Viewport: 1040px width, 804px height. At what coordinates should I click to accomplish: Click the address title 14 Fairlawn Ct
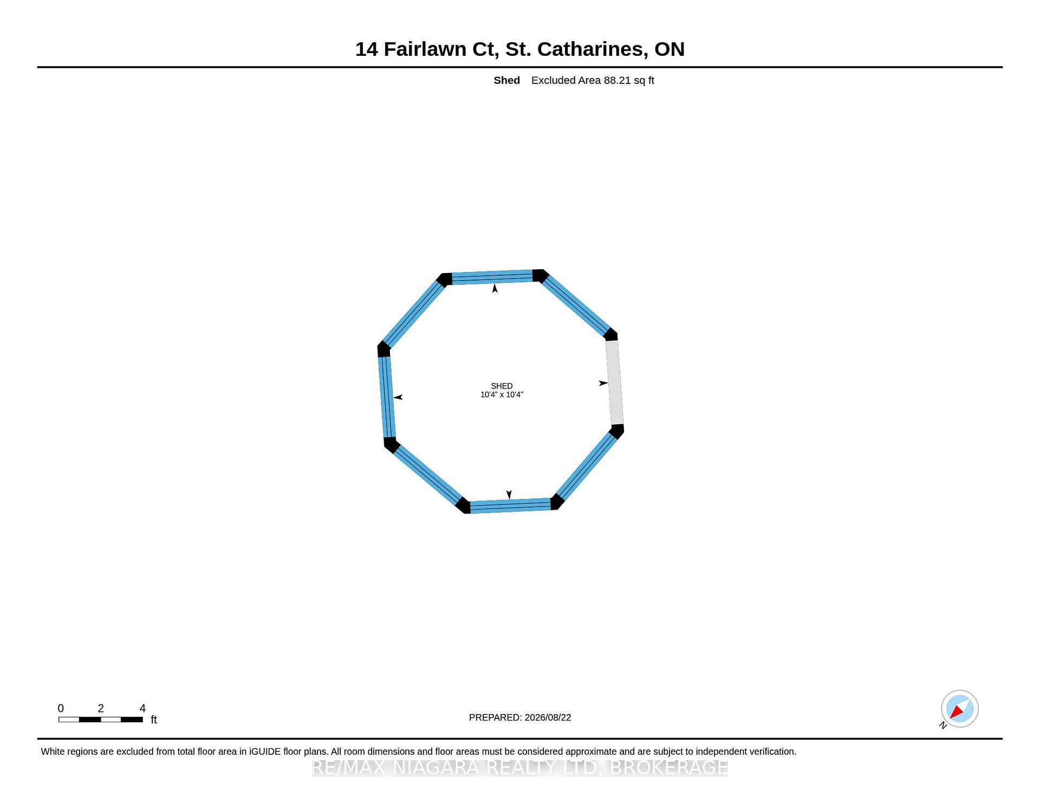point(427,49)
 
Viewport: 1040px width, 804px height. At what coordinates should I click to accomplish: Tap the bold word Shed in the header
point(506,80)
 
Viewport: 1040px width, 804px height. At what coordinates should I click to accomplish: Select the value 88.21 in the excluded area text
point(617,80)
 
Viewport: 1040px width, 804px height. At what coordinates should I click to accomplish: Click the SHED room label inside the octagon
point(502,386)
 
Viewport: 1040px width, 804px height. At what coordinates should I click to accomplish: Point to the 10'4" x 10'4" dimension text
point(502,394)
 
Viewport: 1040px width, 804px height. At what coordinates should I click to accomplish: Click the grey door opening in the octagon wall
point(614,382)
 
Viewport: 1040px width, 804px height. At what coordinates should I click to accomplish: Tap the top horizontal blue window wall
point(492,277)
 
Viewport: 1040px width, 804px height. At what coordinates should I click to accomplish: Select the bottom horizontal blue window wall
point(510,505)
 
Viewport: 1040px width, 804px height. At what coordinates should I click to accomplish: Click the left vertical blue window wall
point(387,397)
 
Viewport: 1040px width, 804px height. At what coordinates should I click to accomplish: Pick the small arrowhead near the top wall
point(495,289)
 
